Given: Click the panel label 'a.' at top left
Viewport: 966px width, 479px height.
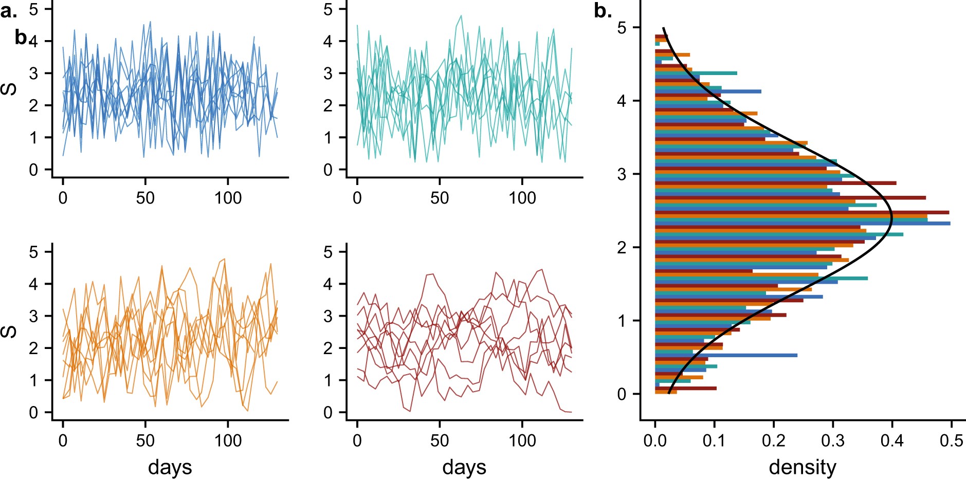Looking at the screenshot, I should click(x=8, y=11).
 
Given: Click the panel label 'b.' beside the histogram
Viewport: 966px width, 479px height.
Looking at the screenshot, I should click(x=603, y=11).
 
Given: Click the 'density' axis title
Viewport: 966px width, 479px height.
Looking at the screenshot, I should click(x=802, y=467).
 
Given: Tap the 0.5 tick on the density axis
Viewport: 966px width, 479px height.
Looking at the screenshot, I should click(x=951, y=440).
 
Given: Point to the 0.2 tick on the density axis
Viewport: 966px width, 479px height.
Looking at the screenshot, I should click(x=773, y=440).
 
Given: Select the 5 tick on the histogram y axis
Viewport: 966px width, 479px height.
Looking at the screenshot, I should click(x=622, y=28).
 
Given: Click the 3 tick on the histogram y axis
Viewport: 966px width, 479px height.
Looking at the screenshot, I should click(x=622, y=174).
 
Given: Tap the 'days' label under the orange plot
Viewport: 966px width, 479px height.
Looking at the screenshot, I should click(x=170, y=467).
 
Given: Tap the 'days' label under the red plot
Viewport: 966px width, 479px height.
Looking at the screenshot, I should click(x=464, y=467).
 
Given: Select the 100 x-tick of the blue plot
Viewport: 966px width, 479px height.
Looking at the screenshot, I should click(x=228, y=198).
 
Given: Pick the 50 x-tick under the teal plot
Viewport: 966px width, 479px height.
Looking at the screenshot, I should click(x=440, y=198).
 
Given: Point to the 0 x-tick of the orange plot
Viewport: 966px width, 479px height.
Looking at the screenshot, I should click(x=63, y=440).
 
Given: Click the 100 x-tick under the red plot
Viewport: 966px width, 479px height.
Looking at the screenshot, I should click(x=522, y=440).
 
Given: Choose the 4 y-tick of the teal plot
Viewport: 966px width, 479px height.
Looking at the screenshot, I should click(x=327, y=41).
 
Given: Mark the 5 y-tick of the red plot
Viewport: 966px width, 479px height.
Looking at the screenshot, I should click(x=327, y=252).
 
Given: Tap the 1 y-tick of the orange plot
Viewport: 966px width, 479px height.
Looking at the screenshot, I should click(x=33, y=380).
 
